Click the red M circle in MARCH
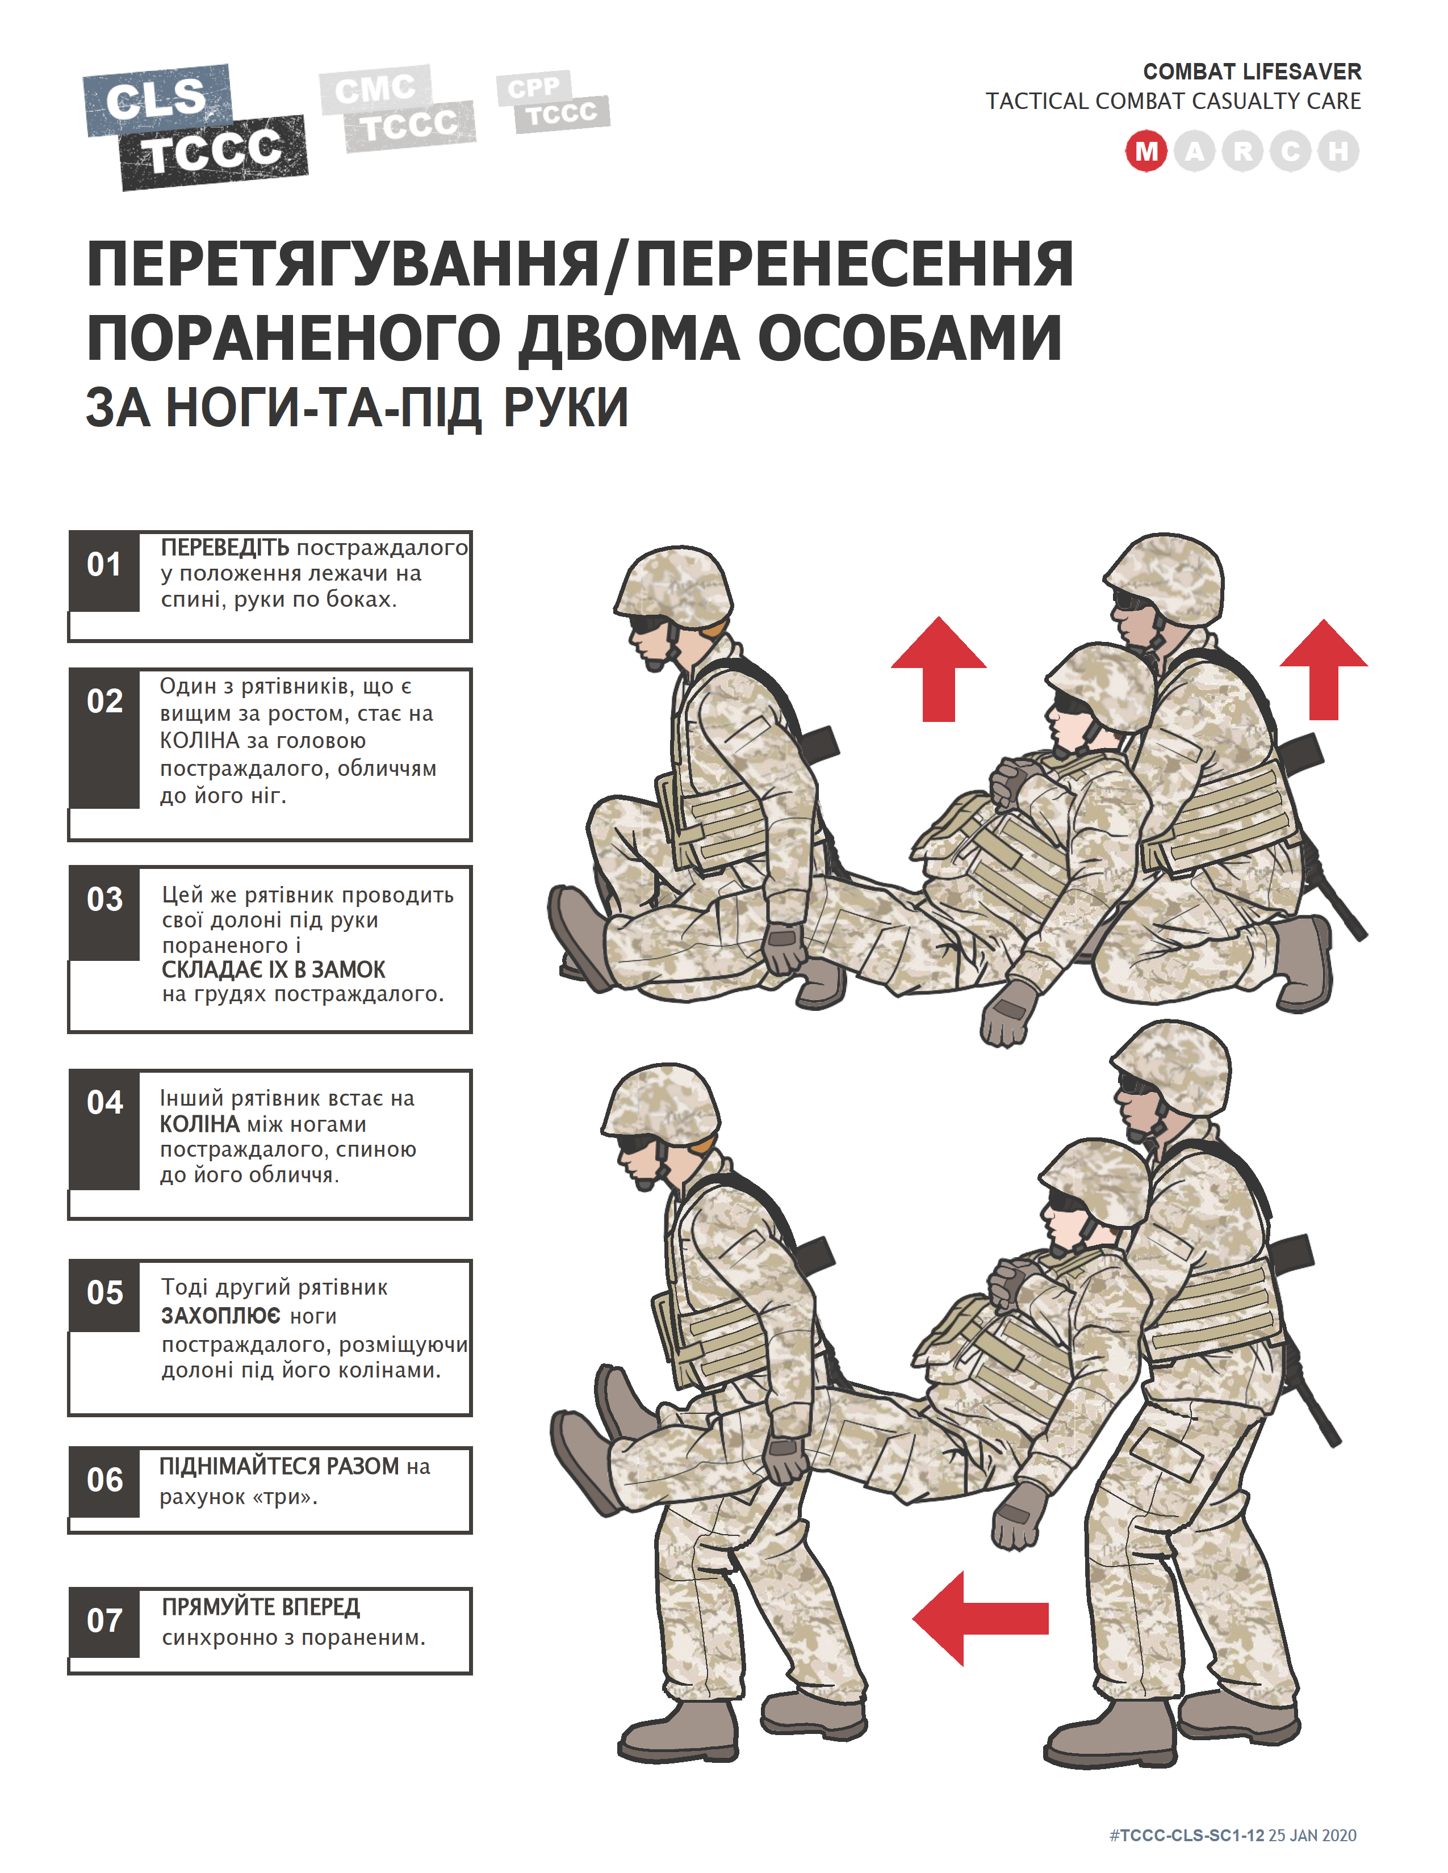1146,152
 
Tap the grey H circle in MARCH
1337,152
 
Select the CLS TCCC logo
195,127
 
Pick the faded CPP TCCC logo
553,102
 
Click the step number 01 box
104,571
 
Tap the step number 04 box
104,1129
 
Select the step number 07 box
104,1622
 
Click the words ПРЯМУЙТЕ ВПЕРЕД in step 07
261,1606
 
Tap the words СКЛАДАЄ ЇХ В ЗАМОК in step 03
274,970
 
